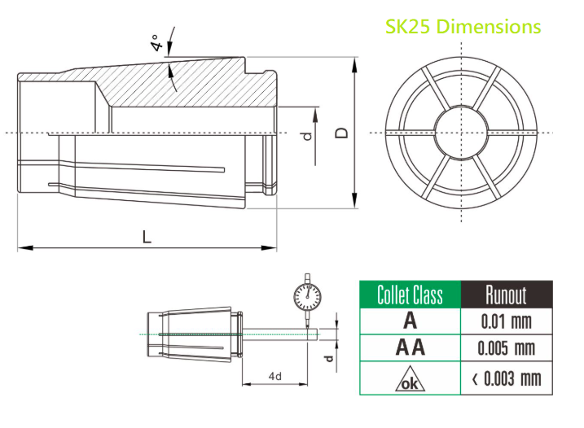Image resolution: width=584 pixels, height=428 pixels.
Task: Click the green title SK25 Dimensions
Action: pyautogui.click(x=463, y=27)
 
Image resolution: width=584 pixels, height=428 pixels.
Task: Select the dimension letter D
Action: pyautogui.click(x=342, y=131)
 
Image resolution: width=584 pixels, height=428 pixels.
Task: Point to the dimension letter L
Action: pyautogui.click(x=147, y=237)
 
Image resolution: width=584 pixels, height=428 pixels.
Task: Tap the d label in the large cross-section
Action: pyautogui.click(x=307, y=136)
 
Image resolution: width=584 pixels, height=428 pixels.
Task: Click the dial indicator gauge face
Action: pyautogui.click(x=305, y=297)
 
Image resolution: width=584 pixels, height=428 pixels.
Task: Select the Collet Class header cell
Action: pyautogui.click(x=410, y=295)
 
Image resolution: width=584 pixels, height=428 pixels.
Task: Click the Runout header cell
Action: pyautogui.click(x=506, y=295)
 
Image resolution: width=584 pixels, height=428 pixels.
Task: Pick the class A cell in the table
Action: pyautogui.click(x=410, y=321)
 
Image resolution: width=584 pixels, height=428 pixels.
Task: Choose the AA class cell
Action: pyautogui.click(x=410, y=348)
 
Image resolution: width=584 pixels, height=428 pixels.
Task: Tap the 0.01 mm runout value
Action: pyautogui.click(x=506, y=321)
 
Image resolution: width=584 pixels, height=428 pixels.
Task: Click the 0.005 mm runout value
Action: pyautogui.click(x=506, y=348)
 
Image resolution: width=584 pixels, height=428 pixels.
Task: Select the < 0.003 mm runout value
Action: pyautogui.click(x=506, y=378)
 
